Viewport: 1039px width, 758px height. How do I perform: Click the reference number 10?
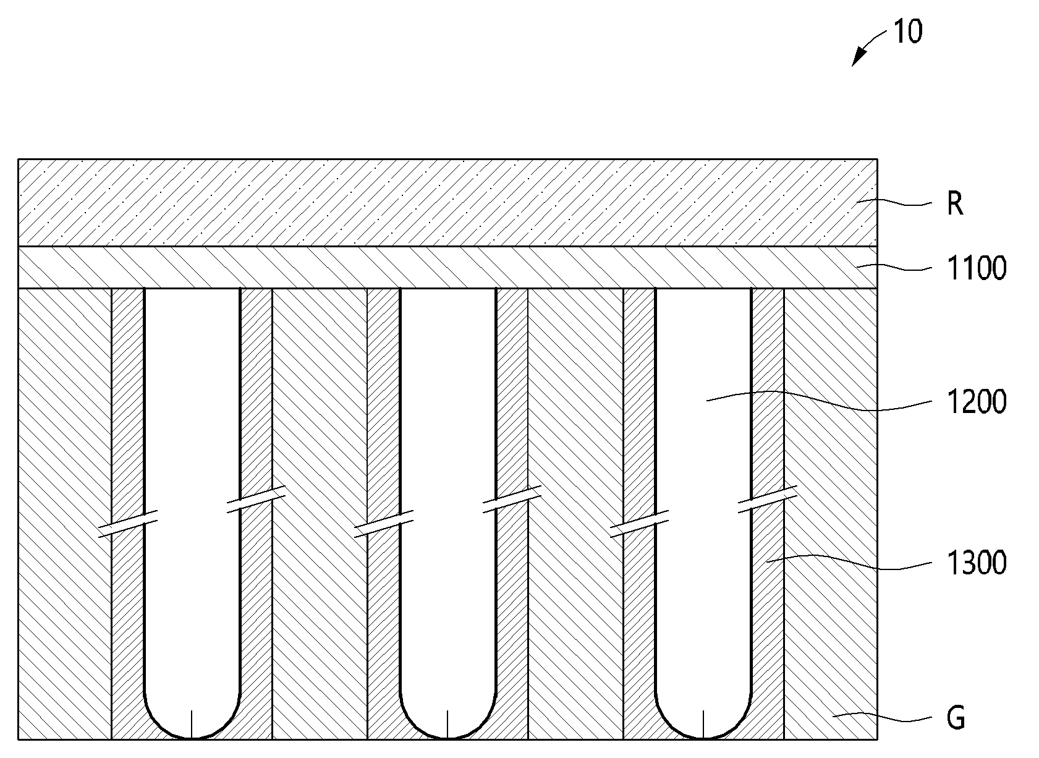[x=908, y=32]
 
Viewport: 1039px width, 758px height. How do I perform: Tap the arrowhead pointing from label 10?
[x=858, y=58]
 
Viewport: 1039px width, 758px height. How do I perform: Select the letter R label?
[x=955, y=203]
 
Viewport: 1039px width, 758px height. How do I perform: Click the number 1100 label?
[x=977, y=268]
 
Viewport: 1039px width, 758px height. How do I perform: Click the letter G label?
[x=956, y=718]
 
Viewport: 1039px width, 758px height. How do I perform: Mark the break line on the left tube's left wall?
[x=128, y=524]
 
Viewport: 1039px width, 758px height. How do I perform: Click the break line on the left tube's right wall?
[x=255, y=499]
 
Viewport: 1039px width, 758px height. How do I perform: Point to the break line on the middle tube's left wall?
[x=384, y=524]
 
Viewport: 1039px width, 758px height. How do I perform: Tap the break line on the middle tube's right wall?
[x=512, y=499]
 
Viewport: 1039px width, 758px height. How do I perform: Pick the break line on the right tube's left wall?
[x=639, y=524]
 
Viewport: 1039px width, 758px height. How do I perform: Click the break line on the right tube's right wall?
[x=768, y=499]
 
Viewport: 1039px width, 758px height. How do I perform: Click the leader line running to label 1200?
[x=819, y=400]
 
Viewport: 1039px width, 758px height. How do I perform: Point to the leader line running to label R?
[x=894, y=202]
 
